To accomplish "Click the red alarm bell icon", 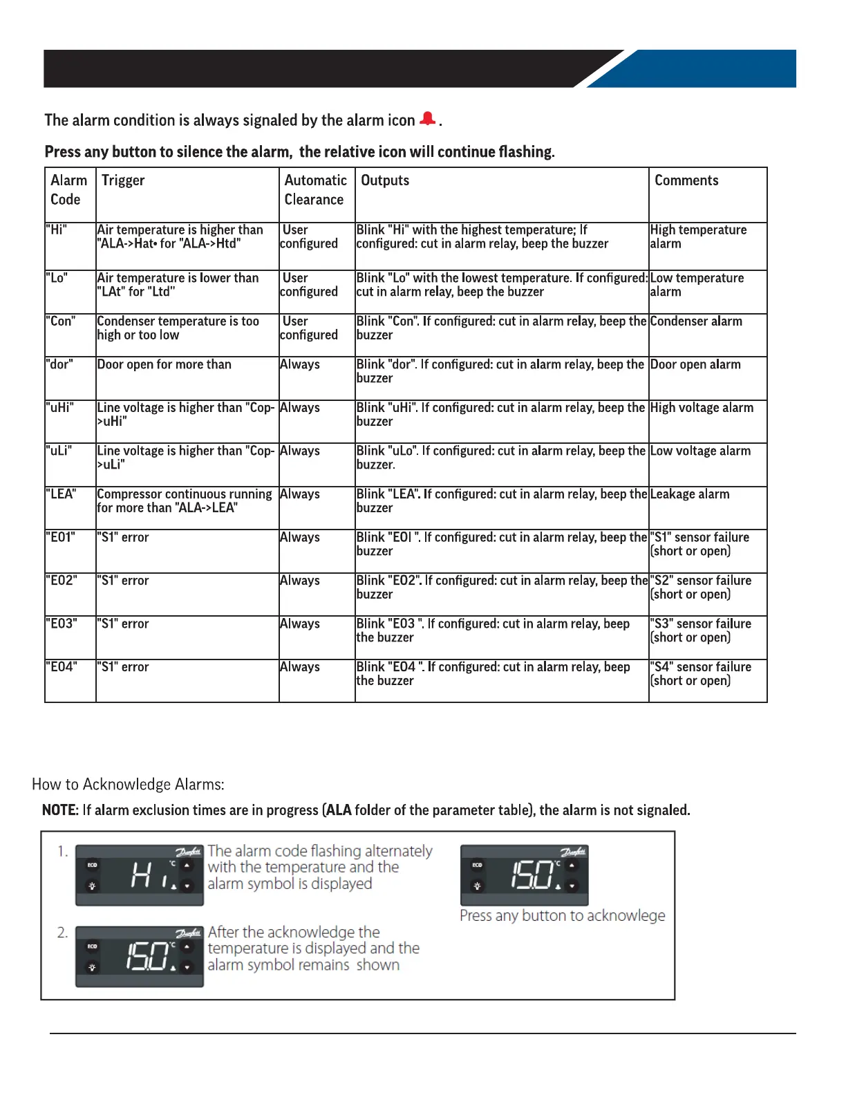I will tap(428, 119).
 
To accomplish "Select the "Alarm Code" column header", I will tap(69, 190).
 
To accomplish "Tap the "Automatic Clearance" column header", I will tap(315, 190).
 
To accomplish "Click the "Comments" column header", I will tap(686, 180).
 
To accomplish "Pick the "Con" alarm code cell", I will tap(61, 321).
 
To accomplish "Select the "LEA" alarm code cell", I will tap(61, 494).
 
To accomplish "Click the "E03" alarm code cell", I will tap(62, 624).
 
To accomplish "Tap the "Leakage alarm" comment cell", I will tap(690, 494).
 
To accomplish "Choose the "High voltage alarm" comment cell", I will tap(702, 408).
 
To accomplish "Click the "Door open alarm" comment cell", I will tap(695, 365).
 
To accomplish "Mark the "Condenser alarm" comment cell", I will tap(696, 321).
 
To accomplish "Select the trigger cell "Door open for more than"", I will tap(164, 365).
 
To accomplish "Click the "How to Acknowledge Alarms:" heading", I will tap(128, 785).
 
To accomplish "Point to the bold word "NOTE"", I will tap(59, 810).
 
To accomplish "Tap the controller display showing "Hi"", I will tap(139, 875).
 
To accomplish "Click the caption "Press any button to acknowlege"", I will tap(562, 916).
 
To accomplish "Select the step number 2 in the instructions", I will tap(62, 933).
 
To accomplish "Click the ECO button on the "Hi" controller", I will tap(92, 865).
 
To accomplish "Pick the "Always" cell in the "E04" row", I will tap(300, 667).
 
